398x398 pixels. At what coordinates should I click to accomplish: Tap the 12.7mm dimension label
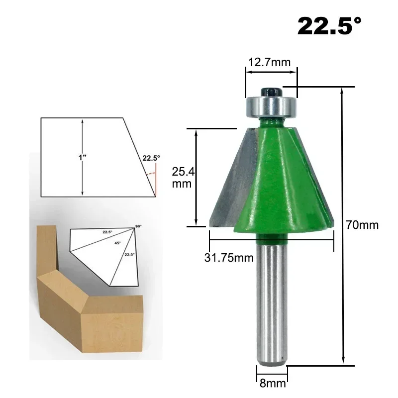[x=269, y=62]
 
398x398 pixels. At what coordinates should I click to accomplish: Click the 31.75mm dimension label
[x=229, y=257]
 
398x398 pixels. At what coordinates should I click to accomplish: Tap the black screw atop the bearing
[x=272, y=91]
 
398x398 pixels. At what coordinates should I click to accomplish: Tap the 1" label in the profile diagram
[x=83, y=157]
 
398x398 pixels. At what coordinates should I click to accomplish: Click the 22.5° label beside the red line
[x=151, y=158]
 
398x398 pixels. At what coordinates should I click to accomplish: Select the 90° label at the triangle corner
[x=138, y=227]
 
